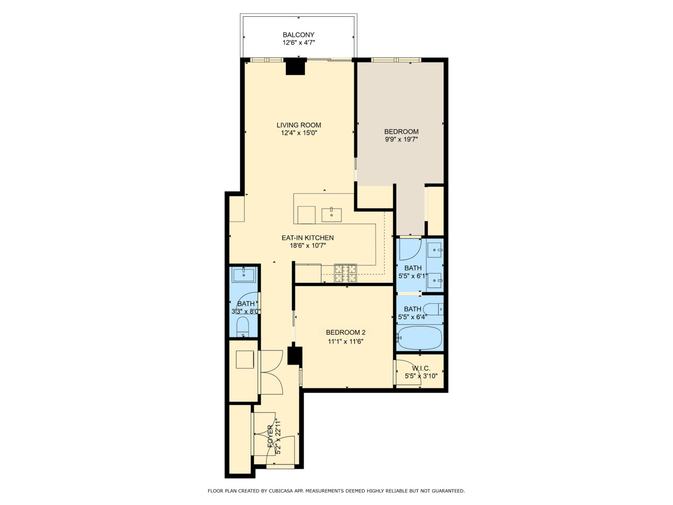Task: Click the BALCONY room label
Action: click(298, 35)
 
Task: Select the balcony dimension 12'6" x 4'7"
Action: click(298, 43)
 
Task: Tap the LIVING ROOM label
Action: click(299, 125)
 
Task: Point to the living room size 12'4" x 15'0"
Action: click(299, 133)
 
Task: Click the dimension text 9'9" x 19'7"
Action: click(401, 139)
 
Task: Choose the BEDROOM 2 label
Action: click(345, 332)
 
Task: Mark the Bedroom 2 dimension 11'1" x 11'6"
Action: click(345, 341)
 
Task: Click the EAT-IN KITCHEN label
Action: click(308, 238)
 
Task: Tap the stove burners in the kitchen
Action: click(345, 273)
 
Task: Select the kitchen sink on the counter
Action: click(331, 215)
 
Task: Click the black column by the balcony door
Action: click(295, 66)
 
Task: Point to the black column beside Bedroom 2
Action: click(294, 355)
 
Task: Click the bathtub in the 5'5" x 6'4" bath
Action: click(419, 338)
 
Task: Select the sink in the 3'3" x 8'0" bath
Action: click(243, 275)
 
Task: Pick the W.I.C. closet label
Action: click(421, 368)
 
